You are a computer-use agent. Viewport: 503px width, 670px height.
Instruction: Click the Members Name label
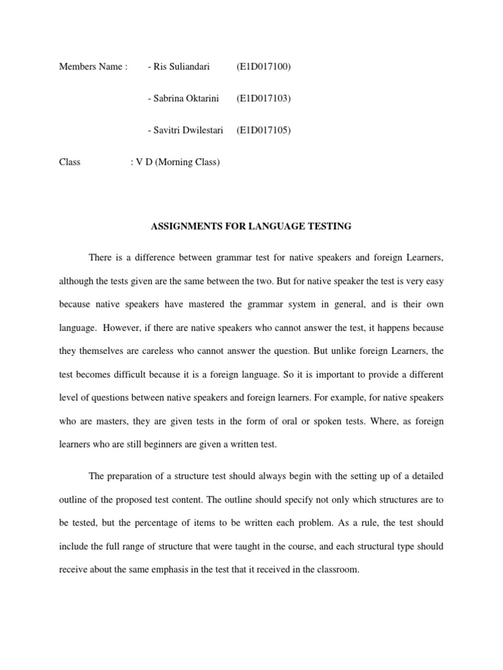coord(93,67)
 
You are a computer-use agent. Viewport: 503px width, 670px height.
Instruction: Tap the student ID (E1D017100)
coord(263,67)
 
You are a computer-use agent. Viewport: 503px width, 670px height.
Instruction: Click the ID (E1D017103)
coord(263,98)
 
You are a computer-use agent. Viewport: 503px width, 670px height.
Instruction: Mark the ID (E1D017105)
coord(263,130)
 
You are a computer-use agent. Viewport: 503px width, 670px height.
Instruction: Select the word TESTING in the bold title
coord(331,226)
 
